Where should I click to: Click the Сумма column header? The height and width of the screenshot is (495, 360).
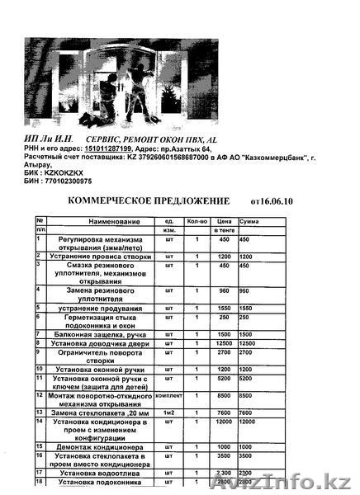[x=249, y=222]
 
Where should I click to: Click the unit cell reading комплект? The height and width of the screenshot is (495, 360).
[x=168, y=396]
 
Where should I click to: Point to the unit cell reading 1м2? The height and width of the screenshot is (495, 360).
[x=168, y=412]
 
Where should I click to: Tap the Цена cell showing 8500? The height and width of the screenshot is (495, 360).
[x=223, y=396]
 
